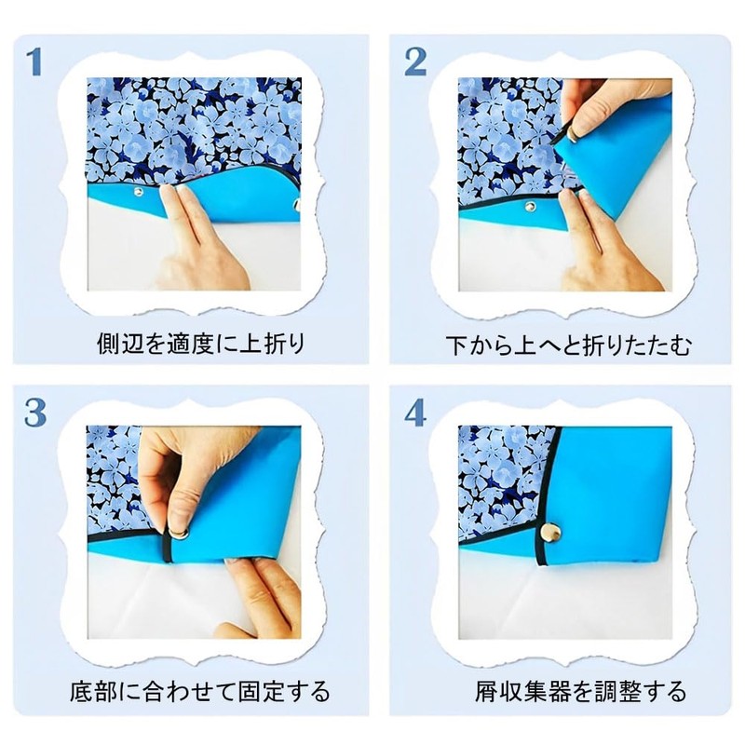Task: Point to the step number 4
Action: (415, 413)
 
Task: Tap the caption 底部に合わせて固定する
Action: (200, 692)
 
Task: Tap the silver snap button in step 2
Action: (530, 207)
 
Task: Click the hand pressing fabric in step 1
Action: (200, 251)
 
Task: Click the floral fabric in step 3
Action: (112, 475)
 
